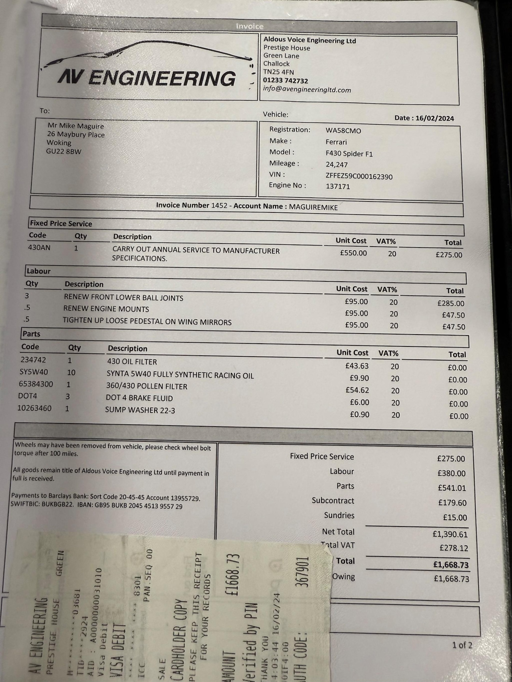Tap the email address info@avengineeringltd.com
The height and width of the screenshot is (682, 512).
(x=307, y=90)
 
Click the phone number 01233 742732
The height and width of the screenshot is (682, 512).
(x=285, y=81)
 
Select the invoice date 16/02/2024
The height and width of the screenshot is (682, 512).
(x=435, y=118)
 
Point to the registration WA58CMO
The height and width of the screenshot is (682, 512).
(x=343, y=131)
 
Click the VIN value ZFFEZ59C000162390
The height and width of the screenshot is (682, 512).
(x=359, y=176)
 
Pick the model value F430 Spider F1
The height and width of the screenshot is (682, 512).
(x=349, y=153)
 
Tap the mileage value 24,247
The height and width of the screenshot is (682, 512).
(x=337, y=164)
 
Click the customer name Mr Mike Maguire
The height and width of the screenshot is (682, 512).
(x=76, y=126)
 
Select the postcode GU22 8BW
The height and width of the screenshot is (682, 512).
(x=64, y=151)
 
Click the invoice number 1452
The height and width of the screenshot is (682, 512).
(x=219, y=205)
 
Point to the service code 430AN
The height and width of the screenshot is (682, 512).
(x=39, y=247)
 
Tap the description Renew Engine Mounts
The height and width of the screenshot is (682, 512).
(x=106, y=309)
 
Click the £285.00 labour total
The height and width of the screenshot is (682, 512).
(x=451, y=303)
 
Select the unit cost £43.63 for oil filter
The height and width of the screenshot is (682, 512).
(x=357, y=366)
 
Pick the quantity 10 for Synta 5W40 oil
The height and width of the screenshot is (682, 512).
(x=71, y=372)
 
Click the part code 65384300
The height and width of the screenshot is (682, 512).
(x=36, y=384)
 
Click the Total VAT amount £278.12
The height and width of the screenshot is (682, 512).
(x=454, y=548)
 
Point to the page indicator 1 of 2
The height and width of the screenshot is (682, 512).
(x=462, y=645)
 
